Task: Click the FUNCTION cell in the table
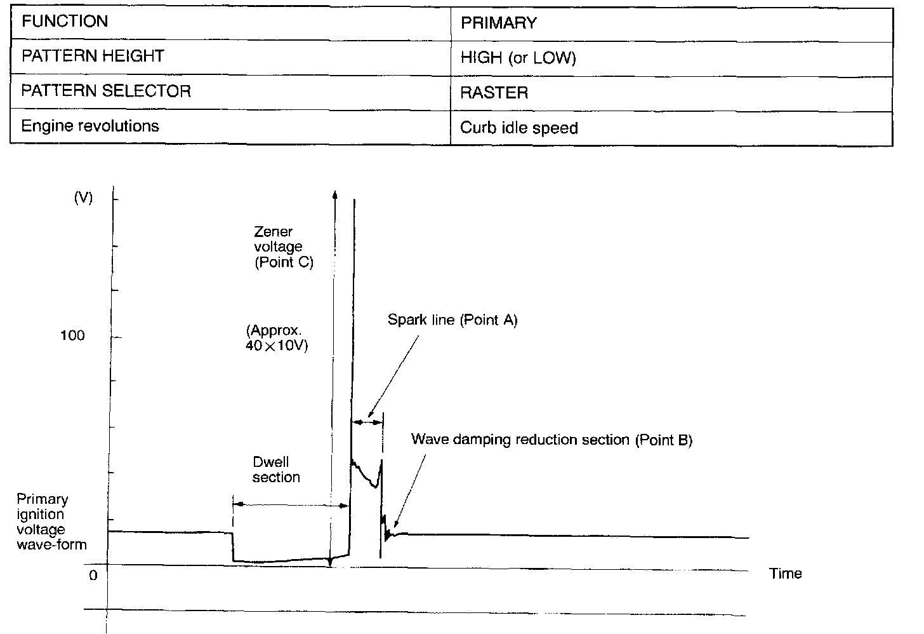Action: click(x=65, y=22)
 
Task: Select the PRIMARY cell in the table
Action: click(x=499, y=24)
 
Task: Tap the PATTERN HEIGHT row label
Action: click(x=93, y=57)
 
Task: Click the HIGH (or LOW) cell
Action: click(x=518, y=58)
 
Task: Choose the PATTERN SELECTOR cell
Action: click(x=106, y=91)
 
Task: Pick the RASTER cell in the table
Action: click(x=494, y=93)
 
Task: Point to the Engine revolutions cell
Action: click(x=90, y=126)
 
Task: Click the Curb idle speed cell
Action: click(x=519, y=128)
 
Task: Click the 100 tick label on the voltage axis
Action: click(x=72, y=335)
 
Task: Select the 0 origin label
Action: click(x=93, y=576)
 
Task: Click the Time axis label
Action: click(x=786, y=574)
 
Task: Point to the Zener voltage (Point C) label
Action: click(x=283, y=247)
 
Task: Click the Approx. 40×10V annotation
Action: click(x=277, y=339)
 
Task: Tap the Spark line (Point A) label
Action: click(x=452, y=320)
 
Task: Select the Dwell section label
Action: click(x=276, y=469)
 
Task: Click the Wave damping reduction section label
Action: click(x=551, y=440)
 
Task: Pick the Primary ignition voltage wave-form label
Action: click(x=51, y=522)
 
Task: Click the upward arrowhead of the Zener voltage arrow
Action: click(x=334, y=193)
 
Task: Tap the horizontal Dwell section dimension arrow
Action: click(x=291, y=505)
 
